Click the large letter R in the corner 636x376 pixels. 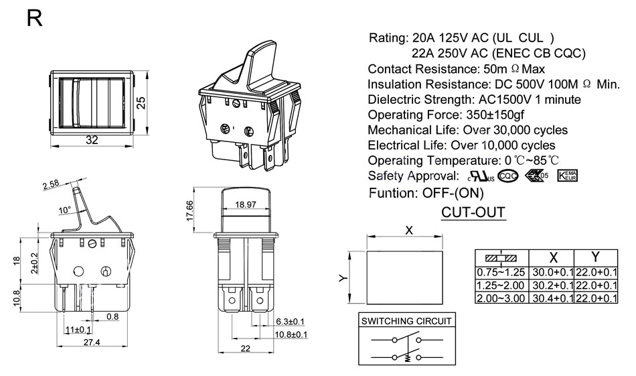pos(35,19)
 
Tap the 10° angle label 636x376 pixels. pos(65,210)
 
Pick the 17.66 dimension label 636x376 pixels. pos(190,210)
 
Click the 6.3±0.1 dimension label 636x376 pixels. pos(290,322)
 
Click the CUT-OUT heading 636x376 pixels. pos(473,213)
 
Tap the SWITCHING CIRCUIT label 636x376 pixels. pos(406,321)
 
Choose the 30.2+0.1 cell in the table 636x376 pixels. pos(552,286)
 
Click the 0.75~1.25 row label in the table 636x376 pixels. pos(501,273)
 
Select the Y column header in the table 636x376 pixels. pos(595,257)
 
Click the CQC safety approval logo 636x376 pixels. pos(508,176)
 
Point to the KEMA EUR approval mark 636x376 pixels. pos(566,176)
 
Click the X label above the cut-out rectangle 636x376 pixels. pos(409,230)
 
